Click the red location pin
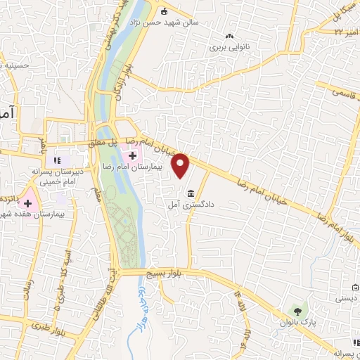point(181,165)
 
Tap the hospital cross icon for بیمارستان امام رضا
point(131,155)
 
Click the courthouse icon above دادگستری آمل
point(191,193)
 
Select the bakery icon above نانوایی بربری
point(229,36)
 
